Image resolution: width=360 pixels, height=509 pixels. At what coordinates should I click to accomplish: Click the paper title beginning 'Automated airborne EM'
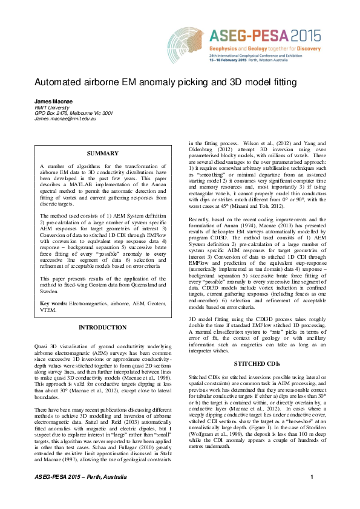pos(157,82)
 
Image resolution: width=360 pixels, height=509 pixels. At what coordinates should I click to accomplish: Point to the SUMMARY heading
pos(102,154)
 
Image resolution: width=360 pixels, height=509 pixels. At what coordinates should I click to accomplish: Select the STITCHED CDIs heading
pos(257,364)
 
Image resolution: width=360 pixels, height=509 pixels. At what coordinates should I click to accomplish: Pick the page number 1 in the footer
pos(312,495)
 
